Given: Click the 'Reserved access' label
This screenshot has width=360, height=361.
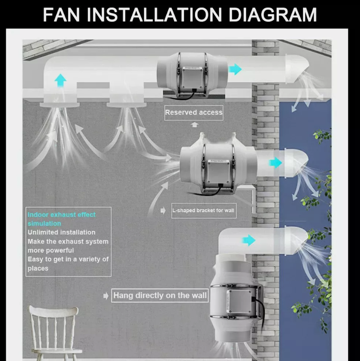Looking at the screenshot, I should pyautogui.click(x=194, y=112).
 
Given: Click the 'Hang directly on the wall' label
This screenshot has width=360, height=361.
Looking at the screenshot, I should pyautogui.click(x=160, y=296).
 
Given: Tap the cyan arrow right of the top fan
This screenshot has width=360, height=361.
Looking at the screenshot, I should pyautogui.click(x=235, y=69).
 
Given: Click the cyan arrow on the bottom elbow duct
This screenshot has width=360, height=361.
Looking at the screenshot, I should pyautogui.click(x=248, y=240).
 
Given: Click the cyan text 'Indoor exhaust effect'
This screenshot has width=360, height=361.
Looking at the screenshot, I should pyautogui.click(x=62, y=215).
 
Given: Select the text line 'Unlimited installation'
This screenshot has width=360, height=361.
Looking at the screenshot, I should pyautogui.click(x=62, y=233).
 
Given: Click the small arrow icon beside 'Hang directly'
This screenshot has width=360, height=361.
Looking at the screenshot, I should pyautogui.click(x=106, y=296).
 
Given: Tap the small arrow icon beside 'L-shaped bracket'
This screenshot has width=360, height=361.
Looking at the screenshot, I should pyautogui.click(x=163, y=210).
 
